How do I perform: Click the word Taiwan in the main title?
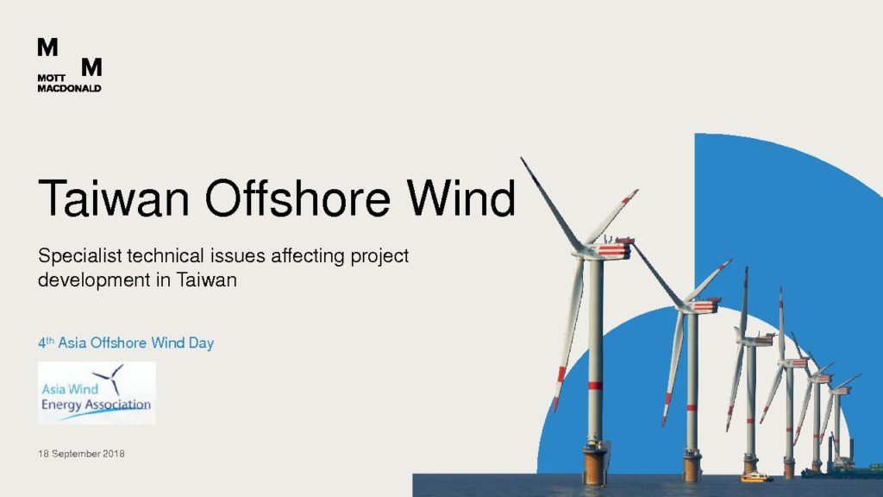113,198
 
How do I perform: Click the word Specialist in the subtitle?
80,256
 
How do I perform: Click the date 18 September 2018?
81,454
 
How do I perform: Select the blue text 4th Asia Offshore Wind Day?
126,343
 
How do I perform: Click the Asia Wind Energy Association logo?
97,393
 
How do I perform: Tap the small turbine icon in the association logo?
110,377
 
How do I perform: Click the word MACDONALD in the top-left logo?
69,89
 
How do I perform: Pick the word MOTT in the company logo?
51,79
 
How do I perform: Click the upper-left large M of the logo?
47,47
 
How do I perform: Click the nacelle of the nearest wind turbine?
611,248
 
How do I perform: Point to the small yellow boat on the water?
755,478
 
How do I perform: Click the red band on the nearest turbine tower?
595,386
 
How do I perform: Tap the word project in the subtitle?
379,256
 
